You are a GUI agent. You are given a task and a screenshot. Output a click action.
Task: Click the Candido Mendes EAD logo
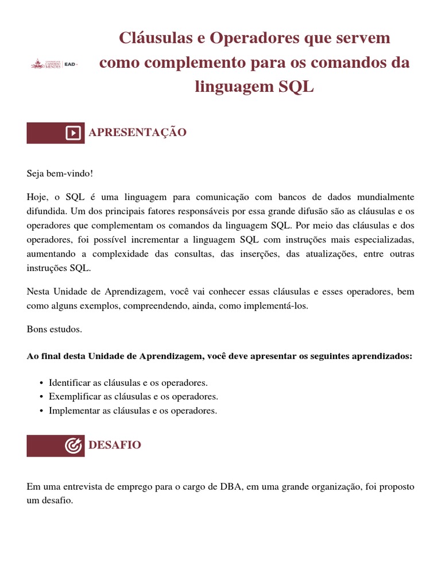click(x=54, y=64)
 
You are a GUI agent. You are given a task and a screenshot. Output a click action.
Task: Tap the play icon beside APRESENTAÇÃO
click(x=73, y=133)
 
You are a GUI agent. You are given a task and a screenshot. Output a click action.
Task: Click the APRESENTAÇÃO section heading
click(x=137, y=133)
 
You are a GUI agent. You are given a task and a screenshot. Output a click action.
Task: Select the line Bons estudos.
click(x=55, y=329)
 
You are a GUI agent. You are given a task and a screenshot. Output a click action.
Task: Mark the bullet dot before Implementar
click(x=42, y=411)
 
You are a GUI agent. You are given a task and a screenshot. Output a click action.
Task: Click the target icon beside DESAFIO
click(x=73, y=446)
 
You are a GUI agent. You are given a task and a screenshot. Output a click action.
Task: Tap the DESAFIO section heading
click(x=114, y=445)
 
